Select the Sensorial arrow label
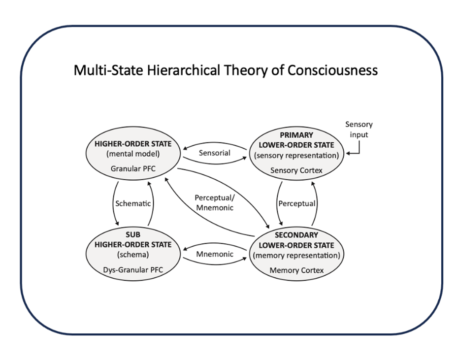[214, 153]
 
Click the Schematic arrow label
[132, 202]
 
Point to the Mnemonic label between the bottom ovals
[214, 255]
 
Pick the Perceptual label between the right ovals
[296, 203]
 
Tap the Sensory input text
[359, 130]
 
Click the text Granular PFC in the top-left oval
[133, 167]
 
